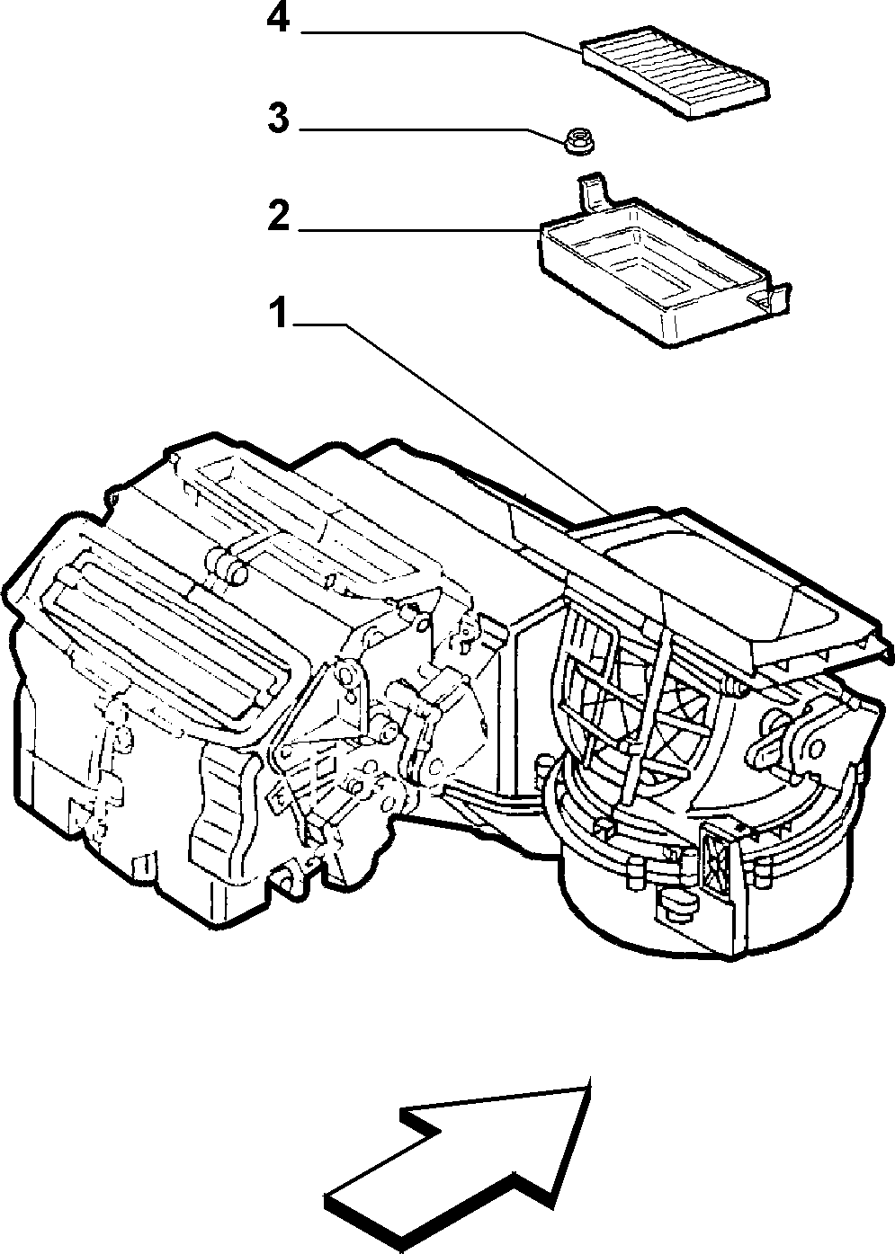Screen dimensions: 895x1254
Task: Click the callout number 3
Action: click(x=279, y=120)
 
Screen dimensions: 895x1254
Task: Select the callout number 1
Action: click(x=277, y=313)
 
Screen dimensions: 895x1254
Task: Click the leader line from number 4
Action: click(x=443, y=40)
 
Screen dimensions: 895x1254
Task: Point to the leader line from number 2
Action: click(x=417, y=230)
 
